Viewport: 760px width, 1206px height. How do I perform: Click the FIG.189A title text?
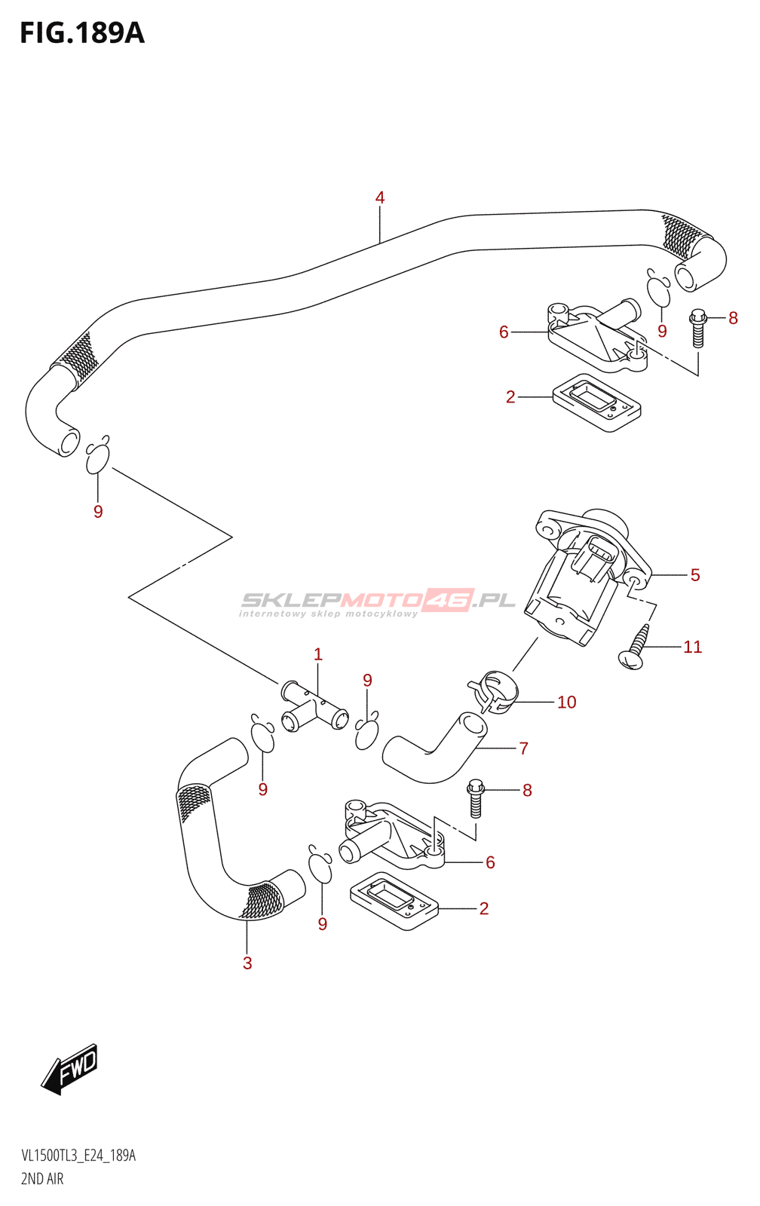coord(82,33)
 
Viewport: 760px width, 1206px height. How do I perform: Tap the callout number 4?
coord(380,197)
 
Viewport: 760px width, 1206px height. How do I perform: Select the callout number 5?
coord(695,575)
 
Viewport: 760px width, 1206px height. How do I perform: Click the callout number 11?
coord(693,647)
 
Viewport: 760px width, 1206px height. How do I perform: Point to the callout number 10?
coord(567,702)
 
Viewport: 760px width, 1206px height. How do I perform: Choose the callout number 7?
coord(523,748)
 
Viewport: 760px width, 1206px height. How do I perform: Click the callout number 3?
coord(247,963)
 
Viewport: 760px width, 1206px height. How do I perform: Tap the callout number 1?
coord(317,654)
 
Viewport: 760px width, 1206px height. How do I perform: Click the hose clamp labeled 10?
coord(492,691)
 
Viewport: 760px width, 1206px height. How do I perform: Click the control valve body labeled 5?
coord(587,576)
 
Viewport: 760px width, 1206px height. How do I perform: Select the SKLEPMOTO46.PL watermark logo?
coord(377,602)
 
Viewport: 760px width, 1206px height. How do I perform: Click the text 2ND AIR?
coord(42,1179)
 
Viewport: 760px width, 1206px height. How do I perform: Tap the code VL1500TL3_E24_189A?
coord(78,1155)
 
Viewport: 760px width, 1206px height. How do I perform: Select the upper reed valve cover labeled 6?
coord(594,336)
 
